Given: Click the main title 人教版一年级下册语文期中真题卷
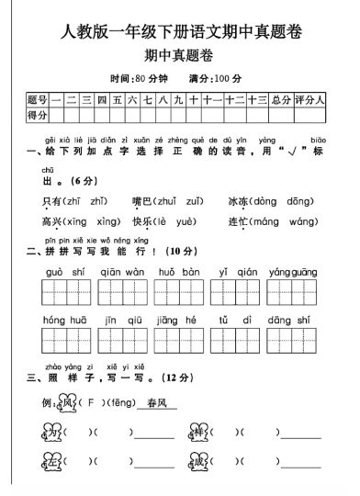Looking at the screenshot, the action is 180,33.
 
